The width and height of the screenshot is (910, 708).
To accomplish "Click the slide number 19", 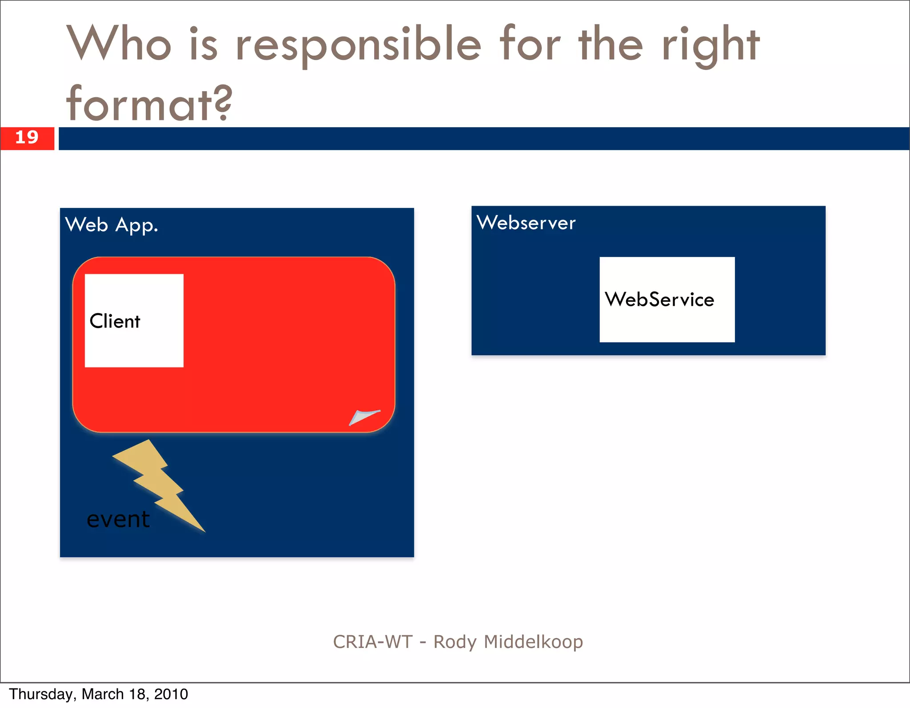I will click(x=27, y=137).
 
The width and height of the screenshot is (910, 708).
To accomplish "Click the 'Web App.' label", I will click(x=111, y=225).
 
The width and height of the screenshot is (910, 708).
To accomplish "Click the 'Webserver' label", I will click(x=526, y=223).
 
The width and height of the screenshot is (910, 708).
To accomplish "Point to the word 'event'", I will click(x=118, y=519).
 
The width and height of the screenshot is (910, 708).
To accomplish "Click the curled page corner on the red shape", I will click(x=363, y=417).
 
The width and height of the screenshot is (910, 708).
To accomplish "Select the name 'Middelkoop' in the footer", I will click(x=533, y=642).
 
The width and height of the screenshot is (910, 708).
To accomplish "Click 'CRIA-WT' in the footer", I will click(x=373, y=642).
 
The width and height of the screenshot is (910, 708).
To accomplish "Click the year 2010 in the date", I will click(x=171, y=694).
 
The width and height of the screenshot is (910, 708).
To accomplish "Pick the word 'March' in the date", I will click(x=102, y=694).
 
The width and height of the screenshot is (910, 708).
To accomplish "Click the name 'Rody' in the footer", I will click(x=455, y=642).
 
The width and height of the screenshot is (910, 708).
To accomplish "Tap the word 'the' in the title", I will click(x=611, y=44).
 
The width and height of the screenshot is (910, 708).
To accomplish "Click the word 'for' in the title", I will click(x=530, y=44).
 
